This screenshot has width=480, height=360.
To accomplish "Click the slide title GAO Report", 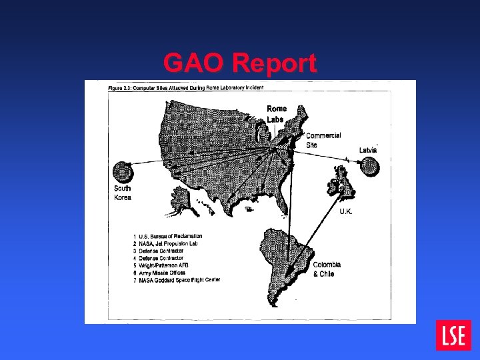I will (240, 63).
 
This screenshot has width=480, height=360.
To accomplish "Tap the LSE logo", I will (453, 335).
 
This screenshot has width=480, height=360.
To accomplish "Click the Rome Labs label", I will (276, 114).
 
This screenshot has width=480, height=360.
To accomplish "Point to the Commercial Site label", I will (323, 139).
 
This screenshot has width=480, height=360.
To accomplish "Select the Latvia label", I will (368, 150).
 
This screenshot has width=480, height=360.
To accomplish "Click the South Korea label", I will (123, 192).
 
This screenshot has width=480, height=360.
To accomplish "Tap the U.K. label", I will (346, 211).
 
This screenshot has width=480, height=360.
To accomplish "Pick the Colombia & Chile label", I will (327, 269).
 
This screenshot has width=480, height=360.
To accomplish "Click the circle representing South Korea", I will (123, 172).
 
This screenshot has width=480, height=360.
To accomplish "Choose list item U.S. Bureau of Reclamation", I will (170, 236).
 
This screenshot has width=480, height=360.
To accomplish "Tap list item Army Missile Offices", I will (163, 272).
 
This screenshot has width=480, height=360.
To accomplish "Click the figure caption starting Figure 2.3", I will (186, 87).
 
